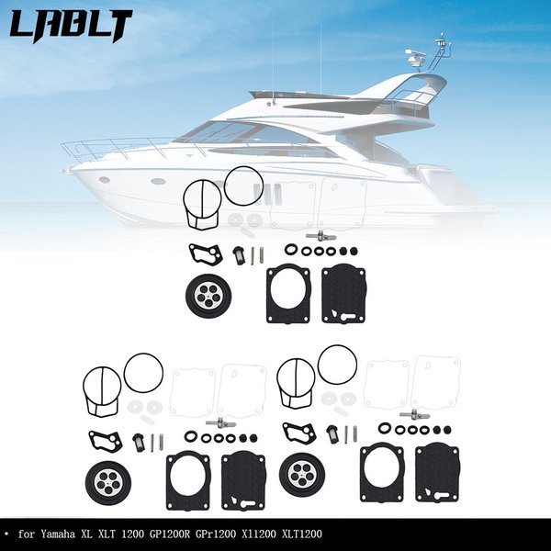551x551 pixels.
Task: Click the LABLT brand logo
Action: click(71, 27)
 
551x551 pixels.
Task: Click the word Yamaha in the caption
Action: click(58, 534)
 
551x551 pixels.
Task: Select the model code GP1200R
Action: click(170, 534)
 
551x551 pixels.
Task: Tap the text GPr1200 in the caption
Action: click(216, 534)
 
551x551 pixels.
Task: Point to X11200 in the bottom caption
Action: click(259, 534)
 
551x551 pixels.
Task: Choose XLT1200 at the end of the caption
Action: click(302, 534)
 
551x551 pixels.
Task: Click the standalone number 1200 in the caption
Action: click(132, 534)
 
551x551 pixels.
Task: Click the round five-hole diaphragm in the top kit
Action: click(208, 297)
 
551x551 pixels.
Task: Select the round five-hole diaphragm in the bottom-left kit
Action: click(108, 484)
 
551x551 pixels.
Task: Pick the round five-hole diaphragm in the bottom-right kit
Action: click(302, 475)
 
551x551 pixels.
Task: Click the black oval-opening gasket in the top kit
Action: click(288, 295)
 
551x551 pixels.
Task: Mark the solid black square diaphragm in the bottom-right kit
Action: click(437, 473)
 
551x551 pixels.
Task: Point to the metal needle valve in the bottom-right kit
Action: click(415, 415)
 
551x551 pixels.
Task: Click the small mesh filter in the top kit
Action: click(238, 255)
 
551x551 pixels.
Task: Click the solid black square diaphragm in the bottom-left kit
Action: click(243, 481)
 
